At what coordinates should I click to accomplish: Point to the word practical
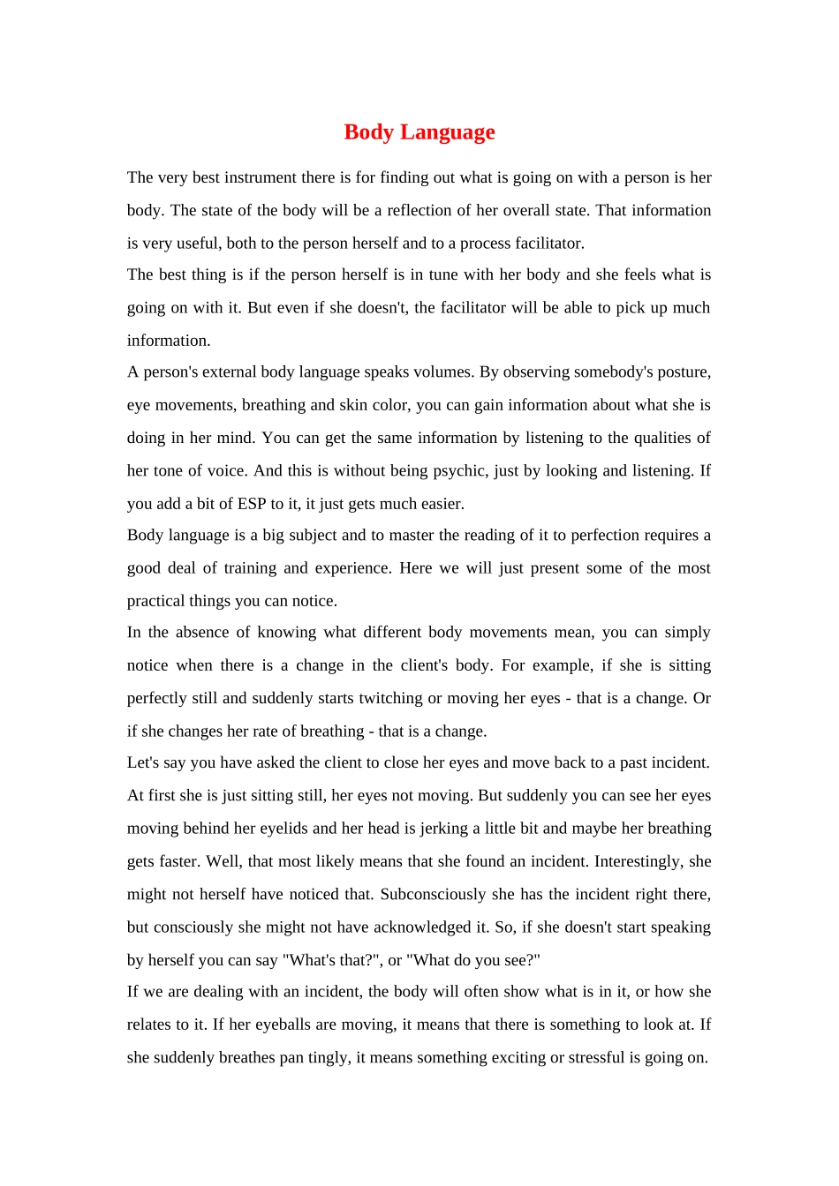pos(155,601)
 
